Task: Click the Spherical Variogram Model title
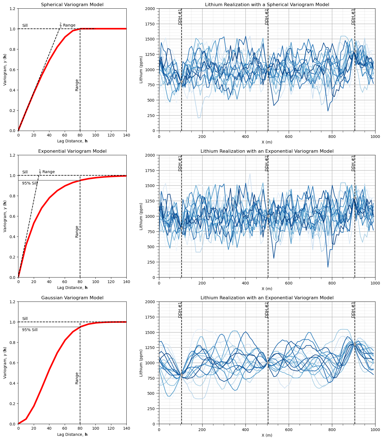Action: (72, 5)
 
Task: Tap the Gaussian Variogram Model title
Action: (72, 298)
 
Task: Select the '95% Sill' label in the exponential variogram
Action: (30, 183)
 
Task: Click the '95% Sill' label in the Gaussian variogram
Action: (30, 330)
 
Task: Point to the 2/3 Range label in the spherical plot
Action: (68, 25)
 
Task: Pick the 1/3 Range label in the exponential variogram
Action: (47, 172)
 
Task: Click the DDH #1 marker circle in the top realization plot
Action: (182, 82)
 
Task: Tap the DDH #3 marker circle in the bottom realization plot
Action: (355, 344)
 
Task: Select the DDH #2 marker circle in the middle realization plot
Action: (268, 216)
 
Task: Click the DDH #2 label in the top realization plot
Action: (267, 17)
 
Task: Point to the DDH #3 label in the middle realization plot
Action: (353, 163)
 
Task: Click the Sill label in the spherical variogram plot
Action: (25, 26)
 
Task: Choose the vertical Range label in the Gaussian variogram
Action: (77, 378)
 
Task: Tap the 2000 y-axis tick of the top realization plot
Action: (151, 9)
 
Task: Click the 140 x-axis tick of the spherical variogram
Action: (126, 135)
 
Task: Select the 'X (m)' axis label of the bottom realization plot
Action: (267, 435)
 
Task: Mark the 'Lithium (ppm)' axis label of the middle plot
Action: (141, 216)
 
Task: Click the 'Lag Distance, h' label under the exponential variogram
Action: (72, 288)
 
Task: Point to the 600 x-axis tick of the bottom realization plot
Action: (289, 429)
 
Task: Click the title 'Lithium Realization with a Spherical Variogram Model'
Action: (267, 5)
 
